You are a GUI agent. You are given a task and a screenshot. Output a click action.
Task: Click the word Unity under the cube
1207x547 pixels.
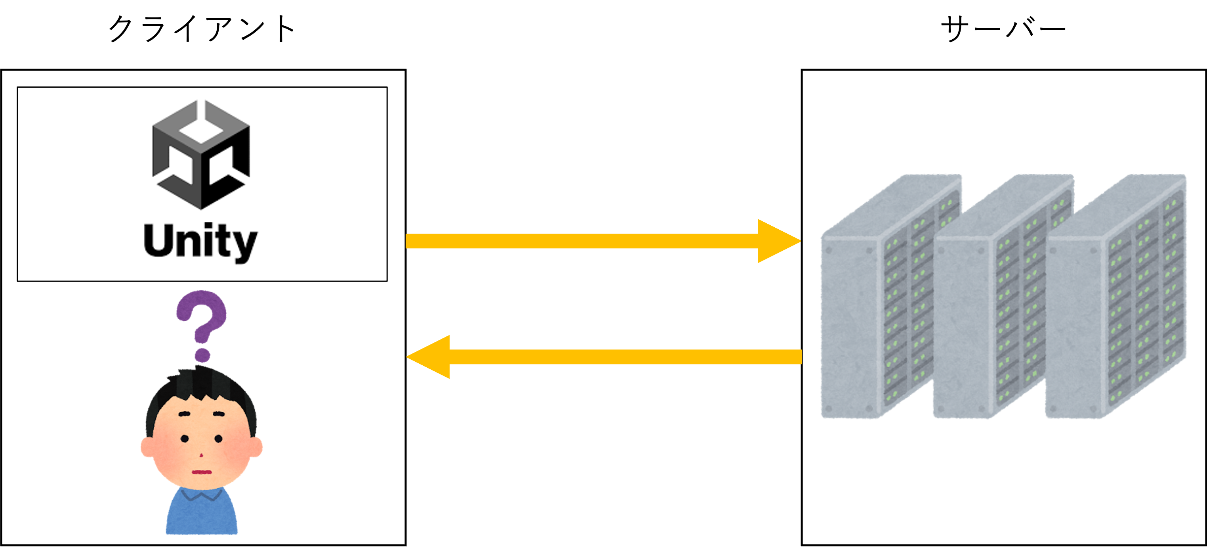pos(200,241)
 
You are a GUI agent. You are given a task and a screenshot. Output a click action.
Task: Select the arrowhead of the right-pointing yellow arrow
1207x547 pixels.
pos(778,241)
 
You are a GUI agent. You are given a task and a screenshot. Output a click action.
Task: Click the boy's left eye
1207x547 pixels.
pos(185,439)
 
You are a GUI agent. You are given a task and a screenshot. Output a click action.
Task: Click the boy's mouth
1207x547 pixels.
pos(202,472)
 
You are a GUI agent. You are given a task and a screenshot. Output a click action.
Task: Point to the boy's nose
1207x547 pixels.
pos(202,455)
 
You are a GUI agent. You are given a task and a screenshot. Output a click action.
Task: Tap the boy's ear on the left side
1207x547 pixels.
pos(147,447)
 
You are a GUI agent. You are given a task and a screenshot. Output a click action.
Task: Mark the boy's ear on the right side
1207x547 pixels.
pos(257,447)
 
